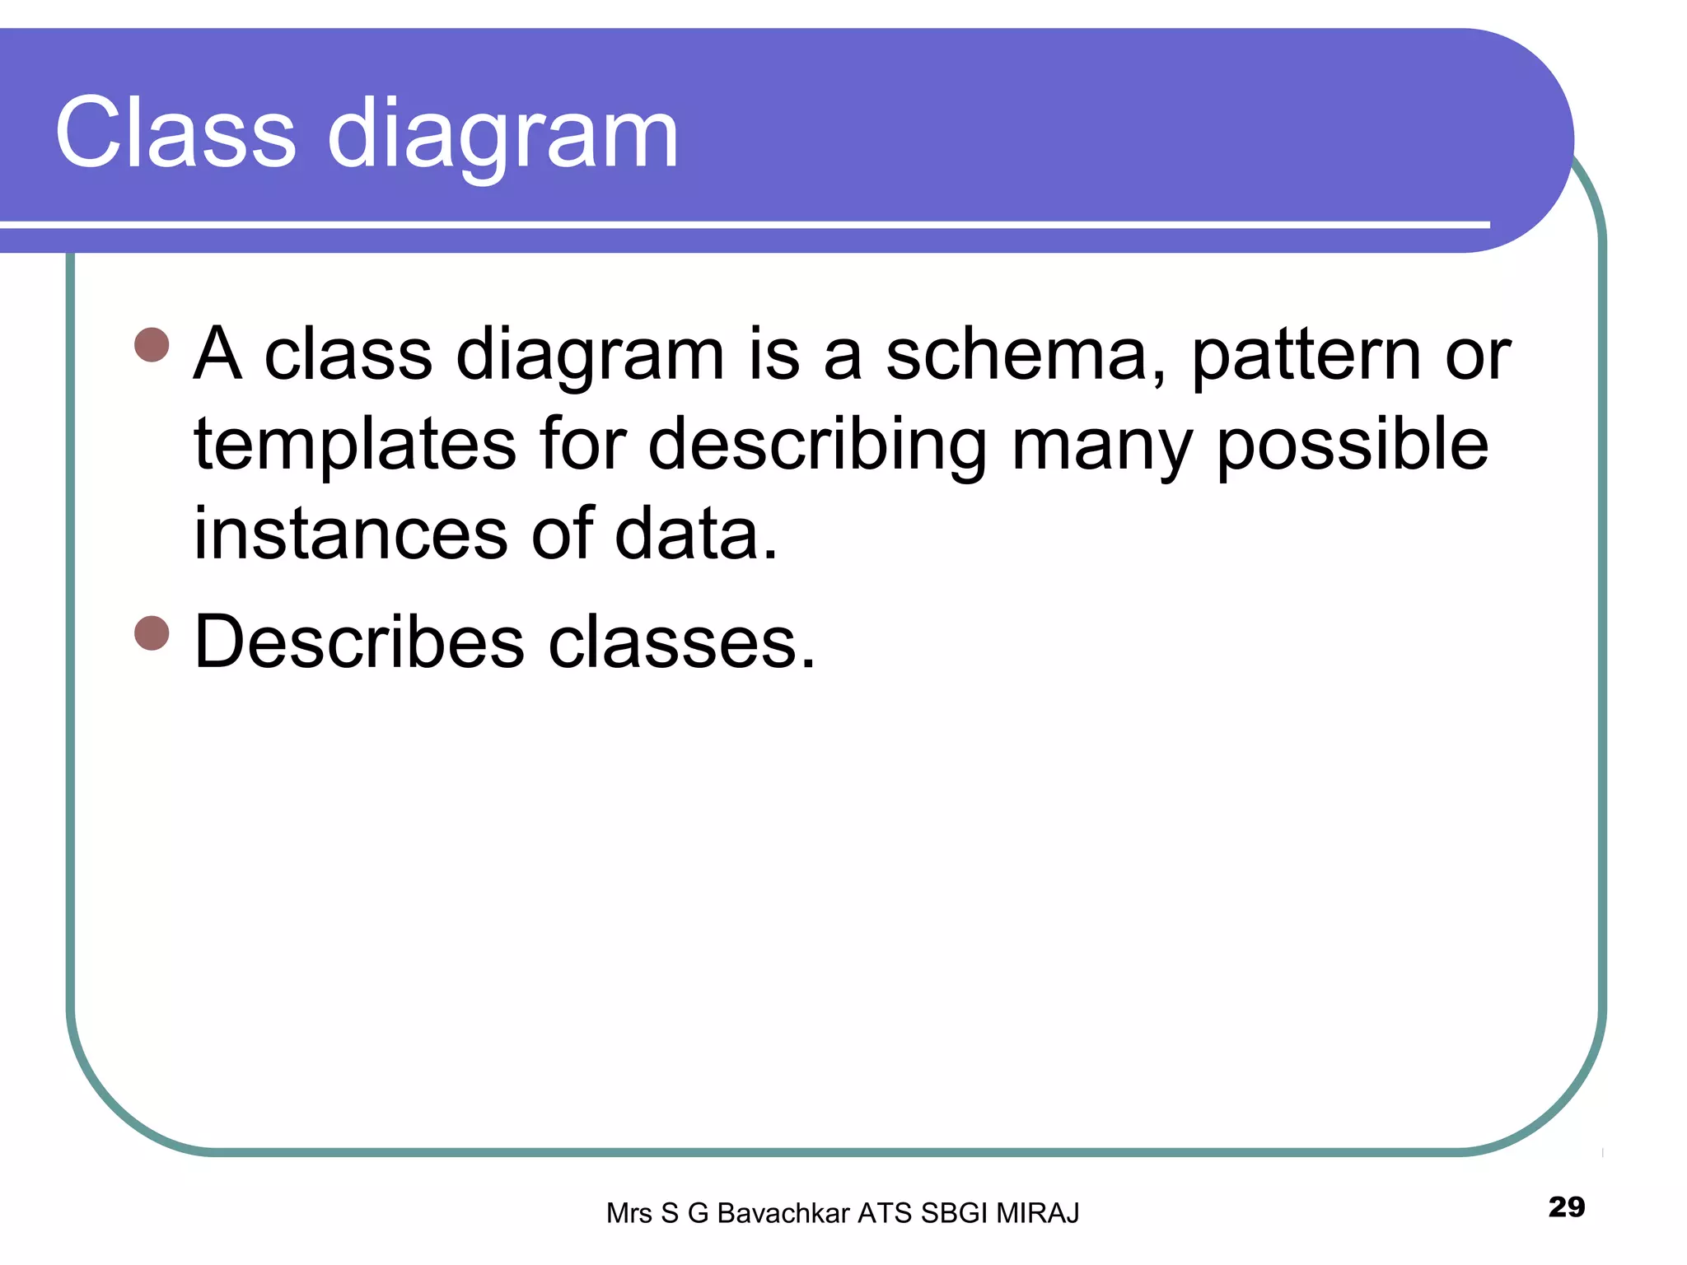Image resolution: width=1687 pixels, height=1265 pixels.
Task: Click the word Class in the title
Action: pyautogui.click(x=175, y=133)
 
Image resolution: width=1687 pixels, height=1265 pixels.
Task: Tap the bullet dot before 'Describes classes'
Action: pyautogui.click(x=152, y=632)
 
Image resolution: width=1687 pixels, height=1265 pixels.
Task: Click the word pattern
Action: pyautogui.click(x=1305, y=357)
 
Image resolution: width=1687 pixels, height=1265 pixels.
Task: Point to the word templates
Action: pyautogui.click(x=354, y=446)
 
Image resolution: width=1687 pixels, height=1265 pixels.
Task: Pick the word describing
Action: pyautogui.click(x=816, y=446)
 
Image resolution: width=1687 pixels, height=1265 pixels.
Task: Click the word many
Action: pyautogui.click(x=1101, y=449)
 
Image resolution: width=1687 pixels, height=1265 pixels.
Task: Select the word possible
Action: pyautogui.click(x=1352, y=446)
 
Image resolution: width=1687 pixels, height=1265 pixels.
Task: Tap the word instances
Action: pyautogui.click(x=350, y=534)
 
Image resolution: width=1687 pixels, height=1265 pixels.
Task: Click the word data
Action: pyautogui.click(x=695, y=534)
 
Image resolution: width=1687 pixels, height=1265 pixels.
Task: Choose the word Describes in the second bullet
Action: pyautogui.click(x=358, y=642)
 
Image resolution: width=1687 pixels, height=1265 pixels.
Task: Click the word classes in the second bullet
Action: pyautogui.click(x=681, y=643)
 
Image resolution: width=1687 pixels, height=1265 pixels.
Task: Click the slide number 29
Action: pyautogui.click(x=1566, y=1207)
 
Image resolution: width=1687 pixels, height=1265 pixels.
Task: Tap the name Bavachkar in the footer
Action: pyautogui.click(x=783, y=1213)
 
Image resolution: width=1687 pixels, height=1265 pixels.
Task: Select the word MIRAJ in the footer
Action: pyautogui.click(x=1037, y=1213)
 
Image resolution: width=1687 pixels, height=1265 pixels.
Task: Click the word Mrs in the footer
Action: pyautogui.click(x=629, y=1213)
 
